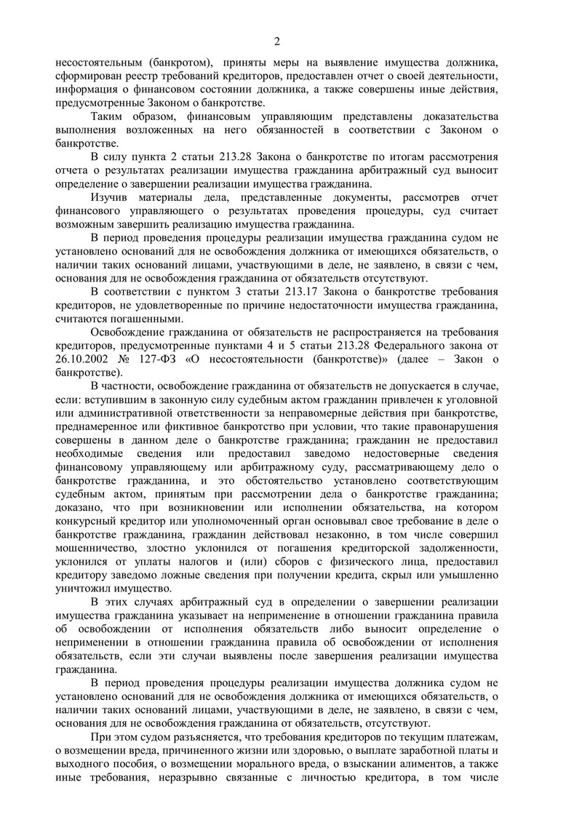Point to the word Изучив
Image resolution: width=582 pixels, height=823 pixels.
[x=110, y=197]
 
